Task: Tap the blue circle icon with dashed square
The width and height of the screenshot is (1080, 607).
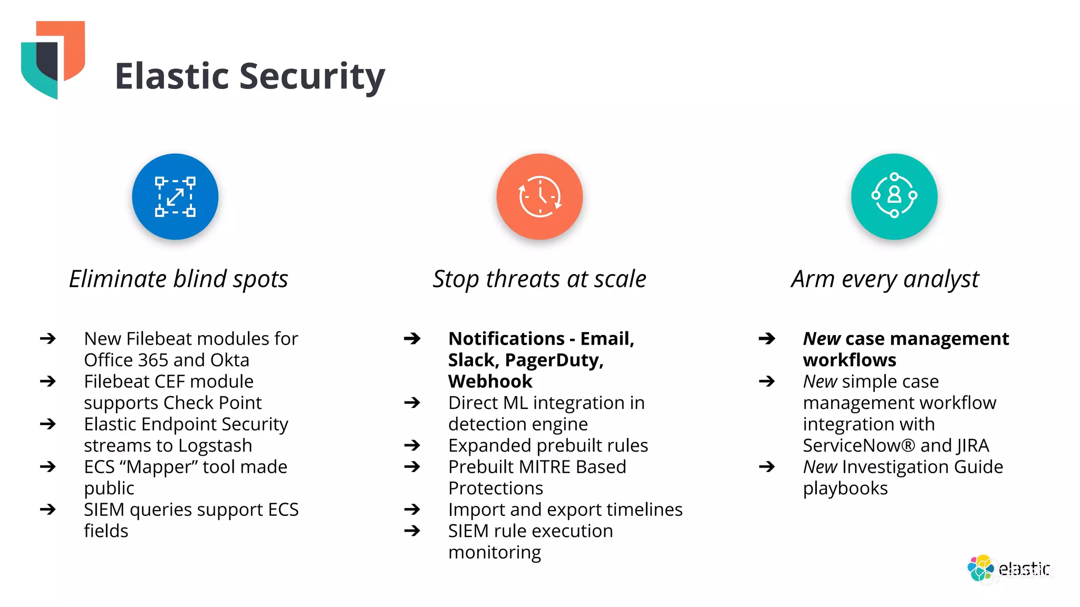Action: (175, 197)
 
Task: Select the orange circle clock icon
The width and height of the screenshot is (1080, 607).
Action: (539, 197)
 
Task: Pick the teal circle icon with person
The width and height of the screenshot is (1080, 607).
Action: (894, 197)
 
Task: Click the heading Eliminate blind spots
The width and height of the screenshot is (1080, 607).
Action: (179, 279)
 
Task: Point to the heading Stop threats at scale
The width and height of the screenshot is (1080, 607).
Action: (539, 279)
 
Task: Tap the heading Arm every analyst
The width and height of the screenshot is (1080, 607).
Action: (885, 279)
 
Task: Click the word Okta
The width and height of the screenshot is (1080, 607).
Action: (230, 360)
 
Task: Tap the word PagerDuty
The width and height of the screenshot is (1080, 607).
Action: (554, 360)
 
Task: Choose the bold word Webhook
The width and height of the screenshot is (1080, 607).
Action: (490, 381)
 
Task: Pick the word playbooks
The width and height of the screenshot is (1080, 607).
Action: (845, 488)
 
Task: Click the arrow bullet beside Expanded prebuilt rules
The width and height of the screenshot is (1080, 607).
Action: (412, 445)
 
